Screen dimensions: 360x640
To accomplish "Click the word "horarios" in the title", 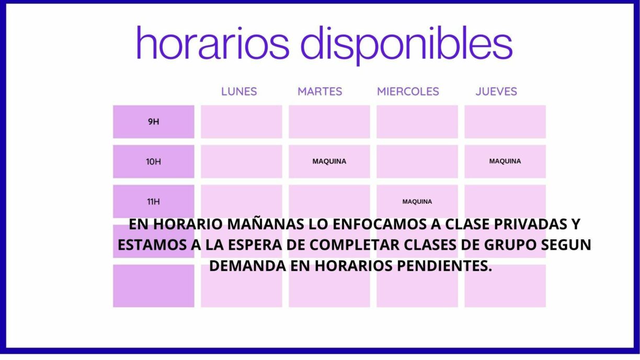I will pyautogui.click(x=212, y=43).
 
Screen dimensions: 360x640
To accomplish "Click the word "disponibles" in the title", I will pyautogui.click(x=406, y=44).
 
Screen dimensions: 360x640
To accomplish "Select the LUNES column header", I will pyautogui.click(x=239, y=91).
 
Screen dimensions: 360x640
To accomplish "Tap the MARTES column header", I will pyautogui.click(x=319, y=91).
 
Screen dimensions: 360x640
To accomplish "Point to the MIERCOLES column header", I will pyautogui.click(x=408, y=91).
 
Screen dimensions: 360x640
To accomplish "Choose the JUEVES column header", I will pyautogui.click(x=496, y=91).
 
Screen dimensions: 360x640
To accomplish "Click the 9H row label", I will pyautogui.click(x=153, y=122).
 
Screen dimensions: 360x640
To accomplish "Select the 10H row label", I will pyautogui.click(x=153, y=161).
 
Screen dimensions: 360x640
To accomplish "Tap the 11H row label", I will pyautogui.click(x=153, y=201).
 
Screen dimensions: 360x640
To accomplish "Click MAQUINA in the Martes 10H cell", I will pyautogui.click(x=329, y=161).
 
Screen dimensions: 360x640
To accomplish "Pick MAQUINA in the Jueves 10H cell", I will pyautogui.click(x=505, y=161).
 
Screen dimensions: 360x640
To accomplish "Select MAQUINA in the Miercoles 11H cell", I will pyautogui.click(x=417, y=201).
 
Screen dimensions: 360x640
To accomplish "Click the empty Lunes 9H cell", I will pyautogui.click(x=242, y=122).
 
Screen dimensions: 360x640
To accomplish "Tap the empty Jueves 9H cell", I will pyautogui.click(x=505, y=122).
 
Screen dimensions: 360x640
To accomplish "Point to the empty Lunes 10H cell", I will pyautogui.click(x=242, y=161).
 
